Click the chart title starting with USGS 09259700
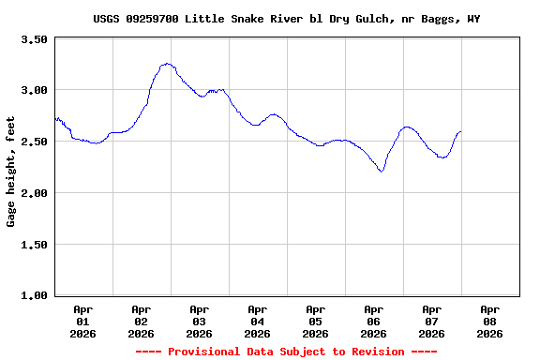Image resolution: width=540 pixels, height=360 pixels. click(286, 19)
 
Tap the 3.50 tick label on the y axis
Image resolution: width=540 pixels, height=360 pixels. click(35, 39)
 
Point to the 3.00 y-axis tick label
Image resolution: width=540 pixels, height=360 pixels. click(35, 90)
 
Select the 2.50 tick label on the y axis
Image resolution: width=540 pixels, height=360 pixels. click(35, 142)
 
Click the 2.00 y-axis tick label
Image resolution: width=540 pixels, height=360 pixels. click(35, 193)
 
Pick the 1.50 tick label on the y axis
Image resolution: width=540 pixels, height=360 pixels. click(35, 245)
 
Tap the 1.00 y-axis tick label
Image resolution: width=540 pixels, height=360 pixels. click(35, 296)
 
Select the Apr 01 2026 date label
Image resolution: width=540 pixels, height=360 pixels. click(82, 321)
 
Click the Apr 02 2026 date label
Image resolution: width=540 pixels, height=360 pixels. click(141, 321)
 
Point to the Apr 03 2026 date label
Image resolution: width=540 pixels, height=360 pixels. click(199, 321)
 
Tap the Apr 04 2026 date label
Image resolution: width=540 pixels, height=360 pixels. click(257, 321)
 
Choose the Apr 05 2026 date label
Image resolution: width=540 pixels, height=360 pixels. click(315, 321)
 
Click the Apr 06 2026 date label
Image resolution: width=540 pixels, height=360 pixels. click(373, 321)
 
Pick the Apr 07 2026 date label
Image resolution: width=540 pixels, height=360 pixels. click(431, 321)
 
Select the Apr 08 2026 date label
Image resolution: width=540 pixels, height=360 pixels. click(489, 321)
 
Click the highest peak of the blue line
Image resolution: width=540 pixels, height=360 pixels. click(167, 64)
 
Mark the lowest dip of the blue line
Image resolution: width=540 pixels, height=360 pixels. click(381, 172)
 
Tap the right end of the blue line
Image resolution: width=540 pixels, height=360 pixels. click(460, 132)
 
